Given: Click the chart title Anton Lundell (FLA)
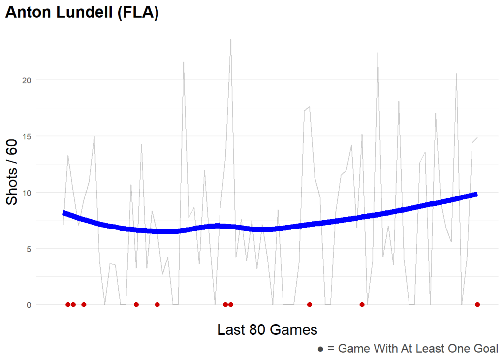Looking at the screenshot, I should point(82,13).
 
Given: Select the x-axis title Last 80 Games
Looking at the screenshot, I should point(267,329).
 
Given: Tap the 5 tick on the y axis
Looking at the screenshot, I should point(29,249).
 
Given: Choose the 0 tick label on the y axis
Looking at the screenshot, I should point(29,305).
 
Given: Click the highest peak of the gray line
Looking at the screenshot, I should point(230,40).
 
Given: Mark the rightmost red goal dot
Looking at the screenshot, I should point(477,305).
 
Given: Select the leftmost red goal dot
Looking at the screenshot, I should point(68,305).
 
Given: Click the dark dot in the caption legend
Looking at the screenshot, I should point(320,349).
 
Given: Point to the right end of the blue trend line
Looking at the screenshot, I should point(476,195).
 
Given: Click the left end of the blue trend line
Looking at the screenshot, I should point(63,213).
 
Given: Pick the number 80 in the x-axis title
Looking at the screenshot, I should point(265,329).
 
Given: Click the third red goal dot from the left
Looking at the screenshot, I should point(84,305).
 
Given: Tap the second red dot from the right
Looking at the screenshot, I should point(362,305).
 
